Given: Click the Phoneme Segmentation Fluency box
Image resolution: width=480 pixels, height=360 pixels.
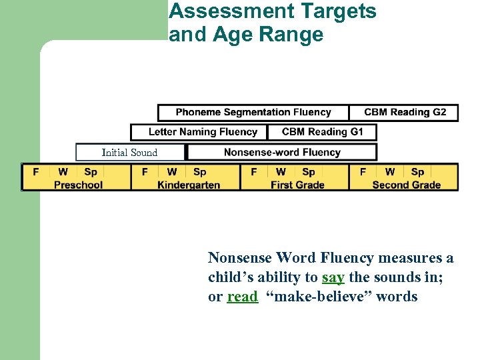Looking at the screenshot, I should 253,113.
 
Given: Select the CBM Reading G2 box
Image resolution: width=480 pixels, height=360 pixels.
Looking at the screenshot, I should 405,113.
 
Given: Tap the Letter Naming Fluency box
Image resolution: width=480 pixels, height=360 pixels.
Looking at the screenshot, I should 199,132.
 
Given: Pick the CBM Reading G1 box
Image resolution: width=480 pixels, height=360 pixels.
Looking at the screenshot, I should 322,132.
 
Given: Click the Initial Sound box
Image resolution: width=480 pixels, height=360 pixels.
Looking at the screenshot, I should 129,153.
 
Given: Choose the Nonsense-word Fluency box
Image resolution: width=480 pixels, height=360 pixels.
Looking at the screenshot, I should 282,153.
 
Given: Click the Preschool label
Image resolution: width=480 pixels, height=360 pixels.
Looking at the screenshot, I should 78,185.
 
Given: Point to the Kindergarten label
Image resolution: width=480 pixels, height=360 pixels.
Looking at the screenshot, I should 189,185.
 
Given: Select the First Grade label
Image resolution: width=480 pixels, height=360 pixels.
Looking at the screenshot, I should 297,185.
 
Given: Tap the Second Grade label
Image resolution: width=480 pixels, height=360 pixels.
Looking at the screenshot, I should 406,185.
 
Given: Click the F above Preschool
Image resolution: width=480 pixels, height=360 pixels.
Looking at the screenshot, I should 36,172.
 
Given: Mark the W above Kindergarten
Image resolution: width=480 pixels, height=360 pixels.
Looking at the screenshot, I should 172,172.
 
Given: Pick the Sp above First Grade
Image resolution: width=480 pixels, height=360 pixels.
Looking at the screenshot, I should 309,172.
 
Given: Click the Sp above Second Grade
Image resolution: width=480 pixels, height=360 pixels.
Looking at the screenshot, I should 417,172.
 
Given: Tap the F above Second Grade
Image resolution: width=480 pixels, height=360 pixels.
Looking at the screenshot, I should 363,172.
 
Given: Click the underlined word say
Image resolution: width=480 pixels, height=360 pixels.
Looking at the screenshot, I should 333,277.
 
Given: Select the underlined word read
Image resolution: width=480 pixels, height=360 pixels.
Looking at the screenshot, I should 242,297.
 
